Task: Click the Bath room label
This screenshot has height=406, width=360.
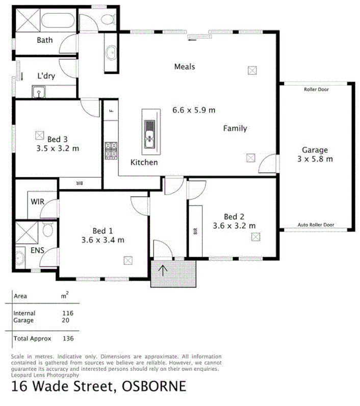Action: (x=45, y=40)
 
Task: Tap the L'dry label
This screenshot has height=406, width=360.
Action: (x=46, y=76)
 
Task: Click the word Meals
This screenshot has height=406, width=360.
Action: (x=185, y=67)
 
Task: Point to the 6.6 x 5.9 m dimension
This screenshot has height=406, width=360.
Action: (x=194, y=110)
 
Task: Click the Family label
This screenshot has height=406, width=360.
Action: (x=235, y=128)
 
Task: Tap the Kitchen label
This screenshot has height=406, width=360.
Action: (x=144, y=163)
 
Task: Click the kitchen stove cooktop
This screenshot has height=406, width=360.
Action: (x=111, y=150)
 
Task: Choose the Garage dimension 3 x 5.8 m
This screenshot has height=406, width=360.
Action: (x=315, y=159)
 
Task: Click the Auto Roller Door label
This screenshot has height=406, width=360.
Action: (x=316, y=225)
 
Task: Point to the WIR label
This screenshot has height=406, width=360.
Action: (x=38, y=202)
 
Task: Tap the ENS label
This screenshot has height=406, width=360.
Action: (x=38, y=250)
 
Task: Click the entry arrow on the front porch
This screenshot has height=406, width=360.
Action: (x=164, y=270)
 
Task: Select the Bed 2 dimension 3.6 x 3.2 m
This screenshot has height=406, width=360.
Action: (x=234, y=226)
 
